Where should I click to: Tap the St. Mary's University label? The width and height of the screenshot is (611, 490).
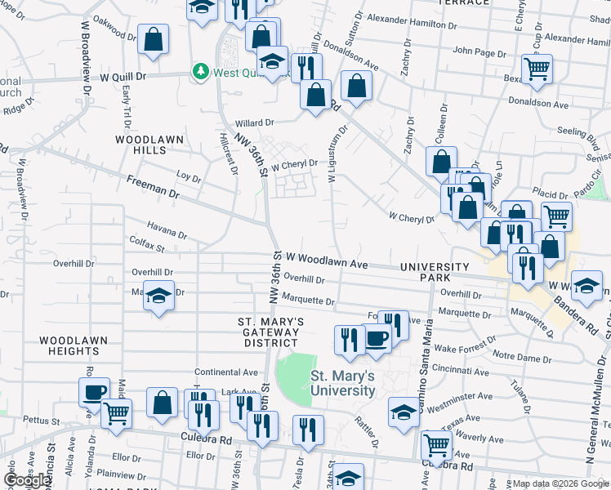[342, 383]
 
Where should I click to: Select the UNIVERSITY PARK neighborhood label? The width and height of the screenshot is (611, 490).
[435, 273]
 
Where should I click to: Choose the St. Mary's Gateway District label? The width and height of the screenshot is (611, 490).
[270, 332]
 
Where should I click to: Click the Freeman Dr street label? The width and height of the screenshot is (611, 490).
[153, 186]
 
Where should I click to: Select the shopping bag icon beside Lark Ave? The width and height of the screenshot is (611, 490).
[163, 401]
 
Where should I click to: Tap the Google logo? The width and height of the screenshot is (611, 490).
[27, 480]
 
